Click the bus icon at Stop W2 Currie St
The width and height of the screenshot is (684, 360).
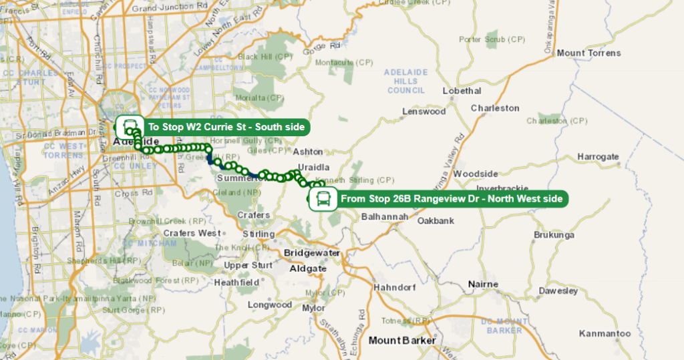[130, 126]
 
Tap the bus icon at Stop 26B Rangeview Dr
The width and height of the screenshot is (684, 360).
[323, 198]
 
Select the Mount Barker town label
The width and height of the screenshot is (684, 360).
[402, 341]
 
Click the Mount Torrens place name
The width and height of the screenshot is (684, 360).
[588, 53]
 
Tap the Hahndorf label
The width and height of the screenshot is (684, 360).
[395, 287]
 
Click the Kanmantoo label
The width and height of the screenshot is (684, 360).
[605, 333]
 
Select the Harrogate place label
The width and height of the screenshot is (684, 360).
[598, 157]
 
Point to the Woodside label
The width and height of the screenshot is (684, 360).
[476, 174]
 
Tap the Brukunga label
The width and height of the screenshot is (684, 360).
[554, 235]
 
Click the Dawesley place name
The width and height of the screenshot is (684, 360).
[558, 291]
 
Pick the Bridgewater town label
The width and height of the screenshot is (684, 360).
[312, 253]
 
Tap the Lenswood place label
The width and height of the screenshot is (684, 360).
[423, 112]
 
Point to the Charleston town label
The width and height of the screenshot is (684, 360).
[495, 108]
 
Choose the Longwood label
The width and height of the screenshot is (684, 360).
[270, 305]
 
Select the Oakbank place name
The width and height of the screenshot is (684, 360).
[436, 220]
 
